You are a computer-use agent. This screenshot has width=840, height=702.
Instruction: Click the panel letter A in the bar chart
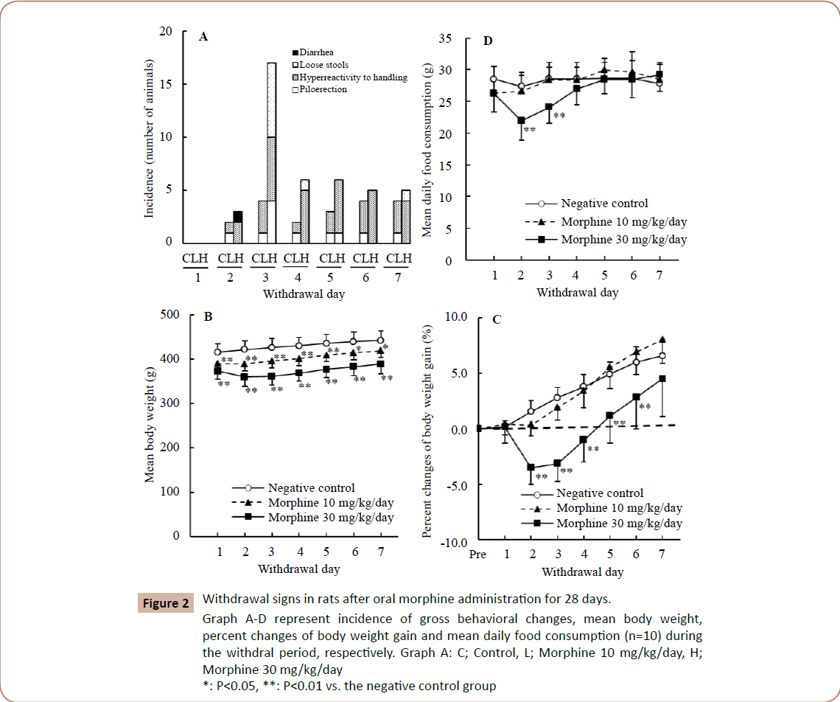point(203,37)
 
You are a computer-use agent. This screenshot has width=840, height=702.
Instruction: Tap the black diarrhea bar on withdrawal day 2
point(237,217)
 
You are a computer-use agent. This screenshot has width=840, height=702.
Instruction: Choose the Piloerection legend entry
point(323,89)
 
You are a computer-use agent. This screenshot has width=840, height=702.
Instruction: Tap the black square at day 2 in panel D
point(522,120)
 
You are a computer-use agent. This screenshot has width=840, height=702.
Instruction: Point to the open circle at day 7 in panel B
point(381,341)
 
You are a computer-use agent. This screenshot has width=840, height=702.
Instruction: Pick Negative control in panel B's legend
point(311,487)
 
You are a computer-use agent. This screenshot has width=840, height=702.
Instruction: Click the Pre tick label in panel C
point(477,555)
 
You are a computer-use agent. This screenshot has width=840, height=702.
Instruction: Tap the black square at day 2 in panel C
point(530,468)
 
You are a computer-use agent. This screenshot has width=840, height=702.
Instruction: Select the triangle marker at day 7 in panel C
point(662,340)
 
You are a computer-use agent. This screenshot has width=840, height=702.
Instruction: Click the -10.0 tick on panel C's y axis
point(454,542)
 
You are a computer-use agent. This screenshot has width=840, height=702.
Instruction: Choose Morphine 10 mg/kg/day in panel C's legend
point(619,508)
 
